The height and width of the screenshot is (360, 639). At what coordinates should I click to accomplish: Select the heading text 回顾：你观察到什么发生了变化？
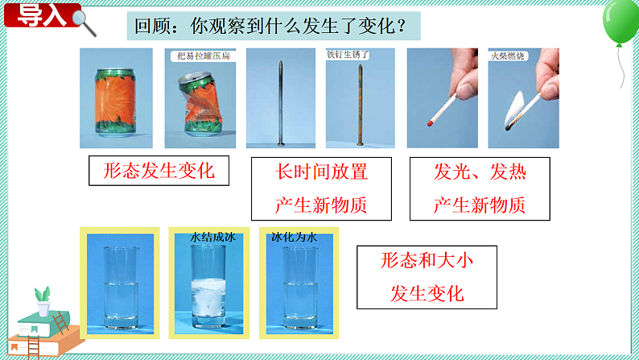pos(273,27)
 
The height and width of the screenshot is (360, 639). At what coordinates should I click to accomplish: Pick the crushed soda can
pos(200,105)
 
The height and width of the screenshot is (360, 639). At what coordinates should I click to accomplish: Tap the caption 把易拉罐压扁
pos(201,56)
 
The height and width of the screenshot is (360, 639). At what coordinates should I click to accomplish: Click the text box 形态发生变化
pos(155,171)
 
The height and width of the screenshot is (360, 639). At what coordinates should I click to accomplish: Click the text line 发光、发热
pos(480,172)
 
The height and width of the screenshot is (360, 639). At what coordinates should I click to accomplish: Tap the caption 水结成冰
pos(210,238)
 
